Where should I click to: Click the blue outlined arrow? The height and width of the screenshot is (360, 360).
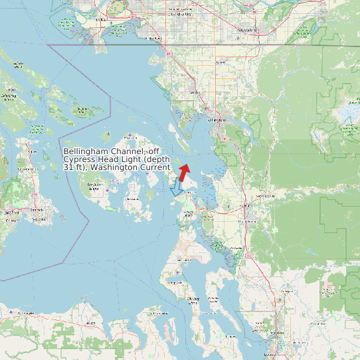177,188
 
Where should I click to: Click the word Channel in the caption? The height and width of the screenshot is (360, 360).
124,151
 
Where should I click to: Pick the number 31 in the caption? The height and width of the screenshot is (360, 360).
68,167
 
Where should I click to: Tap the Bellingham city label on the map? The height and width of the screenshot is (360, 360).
217,120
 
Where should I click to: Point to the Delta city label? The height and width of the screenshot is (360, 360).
102,20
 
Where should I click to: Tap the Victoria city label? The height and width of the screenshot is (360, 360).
11,213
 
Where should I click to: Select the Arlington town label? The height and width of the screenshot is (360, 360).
287,291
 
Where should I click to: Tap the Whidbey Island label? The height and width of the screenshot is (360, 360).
194,300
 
